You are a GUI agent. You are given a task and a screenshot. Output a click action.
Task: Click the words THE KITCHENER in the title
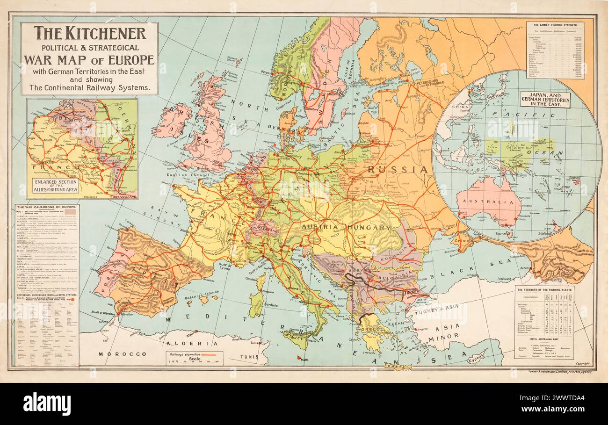tap(89, 33)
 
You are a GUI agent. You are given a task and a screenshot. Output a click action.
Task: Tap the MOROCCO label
tap(116, 354)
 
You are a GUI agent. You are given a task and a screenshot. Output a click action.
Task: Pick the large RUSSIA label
tap(398, 169)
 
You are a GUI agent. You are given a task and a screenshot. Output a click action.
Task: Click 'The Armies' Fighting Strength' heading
tap(555, 24)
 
